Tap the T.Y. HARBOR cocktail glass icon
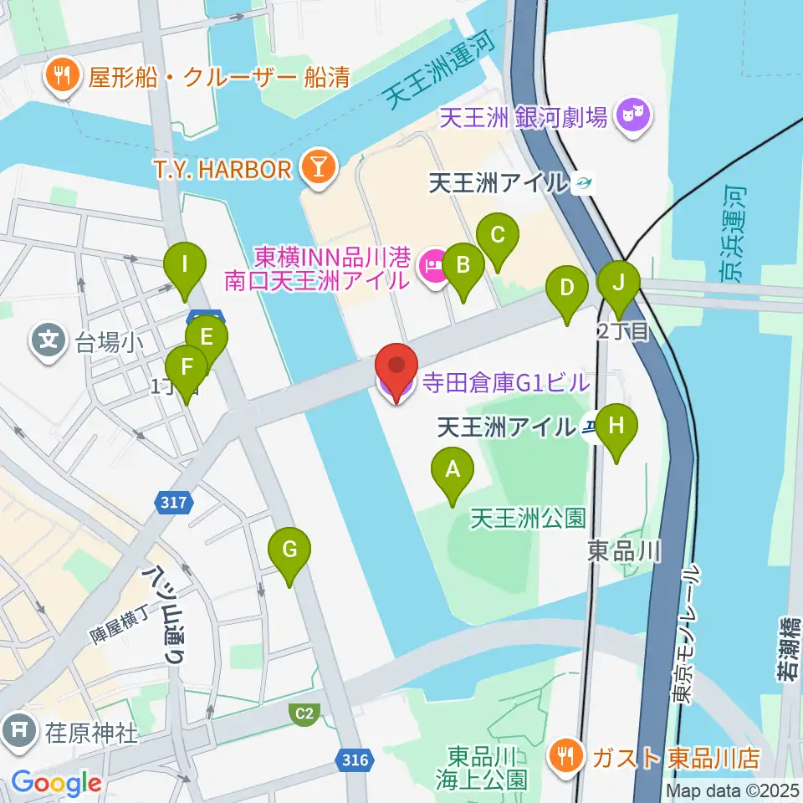point(317,167)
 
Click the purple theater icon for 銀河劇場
point(632,116)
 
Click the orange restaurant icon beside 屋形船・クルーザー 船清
point(61,78)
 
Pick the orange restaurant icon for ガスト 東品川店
point(566,757)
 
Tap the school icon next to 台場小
point(49,340)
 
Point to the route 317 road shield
point(173,502)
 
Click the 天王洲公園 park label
point(527,519)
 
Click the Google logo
point(57,783)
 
